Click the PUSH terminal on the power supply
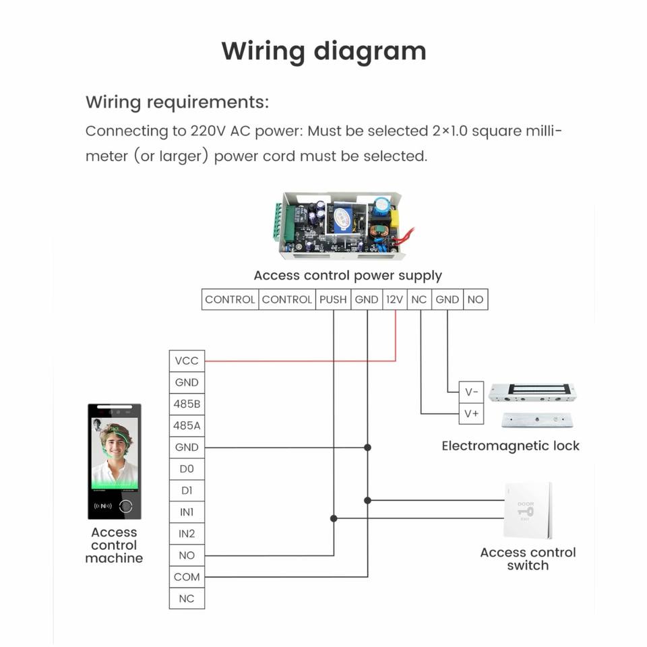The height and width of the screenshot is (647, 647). click(x=333, y=299)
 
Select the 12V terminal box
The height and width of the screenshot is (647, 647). click(x=395, y=299)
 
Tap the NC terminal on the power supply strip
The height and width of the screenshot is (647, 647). click(x=419, y=299)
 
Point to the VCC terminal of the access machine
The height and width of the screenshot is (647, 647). click(x=187, y=361)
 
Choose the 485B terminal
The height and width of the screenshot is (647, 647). click(x=187, y=404)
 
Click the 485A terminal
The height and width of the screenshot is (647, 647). click(x=187, y=425)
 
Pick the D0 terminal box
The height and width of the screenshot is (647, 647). click(x=187, y=468)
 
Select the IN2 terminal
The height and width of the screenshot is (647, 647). click(x=187, y=533)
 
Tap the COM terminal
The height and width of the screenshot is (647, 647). click(x=187, y=576)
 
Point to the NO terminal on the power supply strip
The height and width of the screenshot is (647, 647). click(x=475, y=299)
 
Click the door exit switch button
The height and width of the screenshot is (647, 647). click(x=526, y=510)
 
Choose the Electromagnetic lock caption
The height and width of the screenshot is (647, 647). click(x=510, y=445)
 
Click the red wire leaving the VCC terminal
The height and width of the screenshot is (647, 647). click(x=297, y=361)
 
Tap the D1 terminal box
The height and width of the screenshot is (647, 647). click(x=187, y=490)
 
